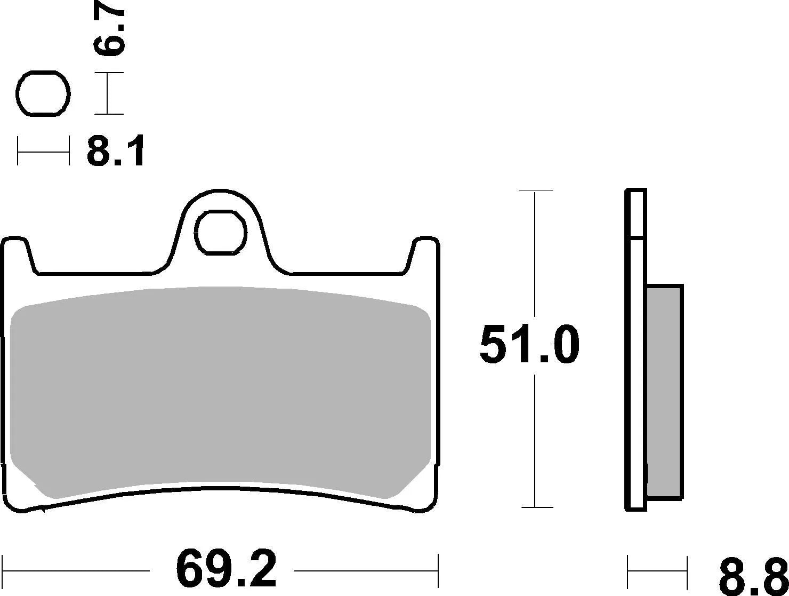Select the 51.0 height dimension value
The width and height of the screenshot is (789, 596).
pos(529,345)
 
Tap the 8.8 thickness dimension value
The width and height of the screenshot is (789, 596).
pos(752,577)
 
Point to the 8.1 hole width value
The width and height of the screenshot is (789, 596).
pos(116,152)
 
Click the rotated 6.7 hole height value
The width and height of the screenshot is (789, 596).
pos(109,32)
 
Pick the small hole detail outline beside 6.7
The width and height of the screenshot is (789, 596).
pos(44,93)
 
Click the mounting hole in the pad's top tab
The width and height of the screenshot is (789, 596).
pos(221,232)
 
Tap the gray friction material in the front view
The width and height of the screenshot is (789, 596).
pos(220,390)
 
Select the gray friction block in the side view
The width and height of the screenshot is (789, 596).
pos(664,392)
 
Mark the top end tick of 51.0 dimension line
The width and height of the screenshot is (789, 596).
pos(535,190)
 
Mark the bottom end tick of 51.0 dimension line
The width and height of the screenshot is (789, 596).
pos(535,507)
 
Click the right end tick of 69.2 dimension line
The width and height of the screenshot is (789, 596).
pos(438,570)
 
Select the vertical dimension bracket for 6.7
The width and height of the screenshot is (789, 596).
pos(108,93)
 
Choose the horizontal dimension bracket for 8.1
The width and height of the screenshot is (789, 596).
pos(43,151)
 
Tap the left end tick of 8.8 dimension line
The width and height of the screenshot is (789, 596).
pos(628,571)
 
